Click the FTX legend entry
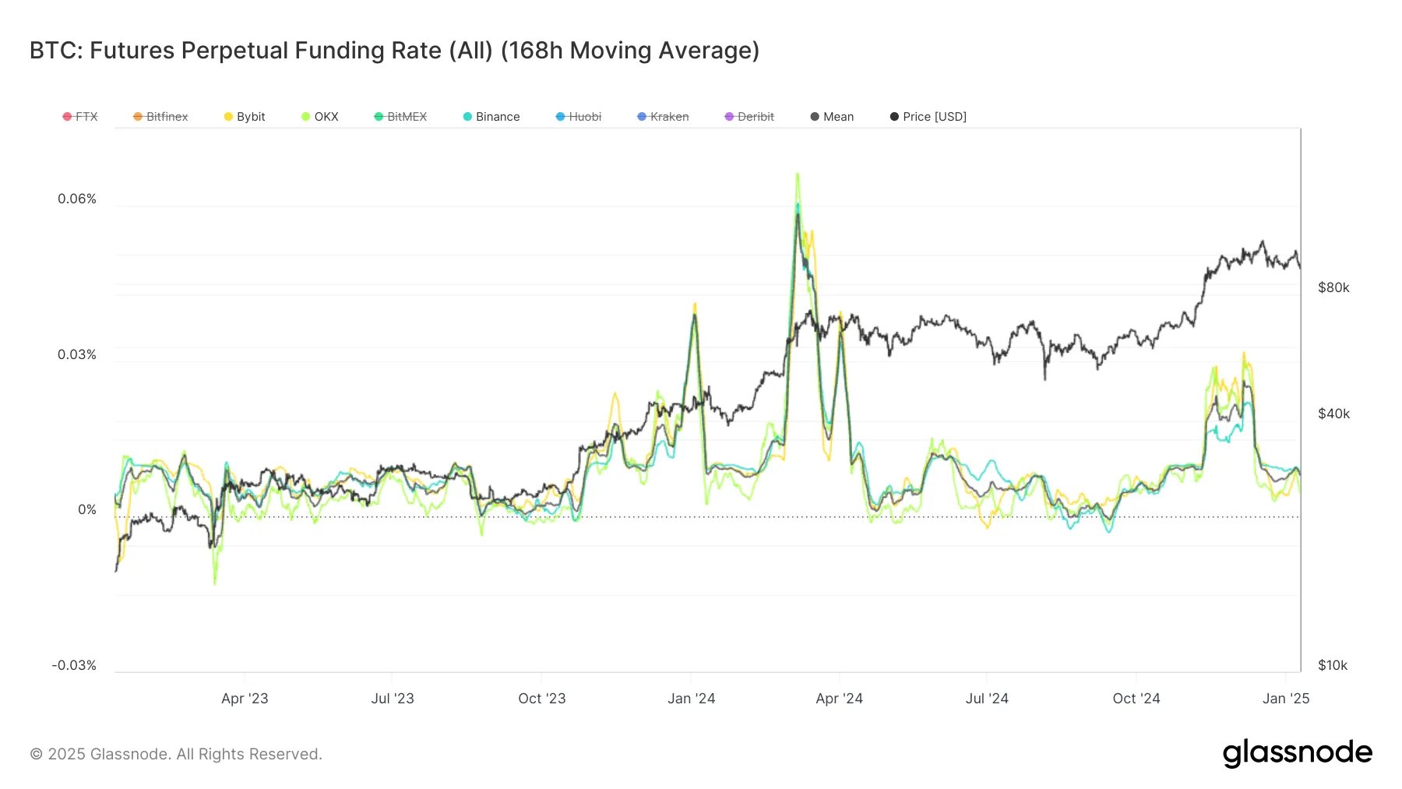coord(80,117)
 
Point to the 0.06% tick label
coord(77,199)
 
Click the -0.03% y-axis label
coord(74,665)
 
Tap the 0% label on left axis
coord(87,509)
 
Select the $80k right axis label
coord(1333,287)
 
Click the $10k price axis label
coord(1333,665)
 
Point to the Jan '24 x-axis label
coord(691,699)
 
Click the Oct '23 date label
coord(542,699)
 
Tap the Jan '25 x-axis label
coord(1286,699)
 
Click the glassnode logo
coord(1297,752)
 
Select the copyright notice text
coord(176,754)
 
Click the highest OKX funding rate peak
coord(798,175)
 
